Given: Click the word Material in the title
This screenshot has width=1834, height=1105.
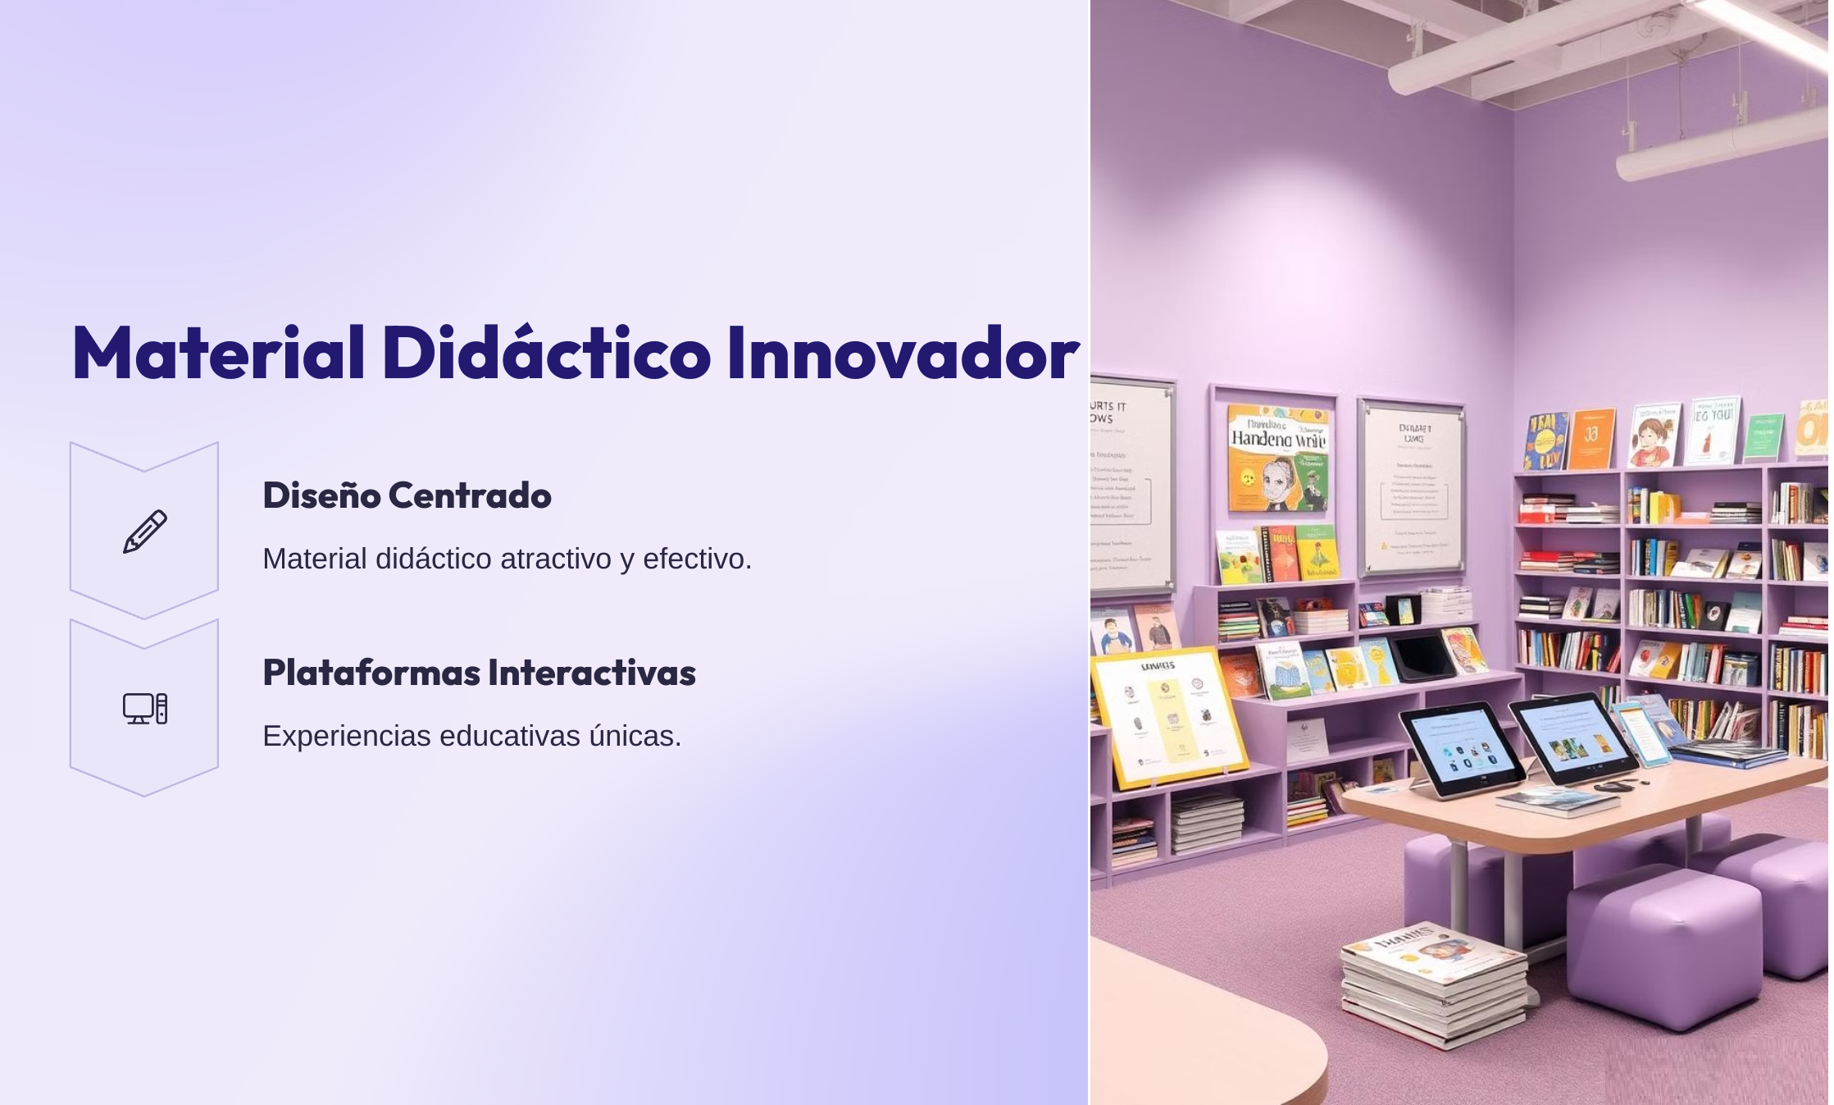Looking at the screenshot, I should (x=218, y=353).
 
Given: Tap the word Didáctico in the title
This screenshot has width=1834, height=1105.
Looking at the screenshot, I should (x=546, y=353).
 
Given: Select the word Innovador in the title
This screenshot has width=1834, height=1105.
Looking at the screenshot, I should (x=902, y=353).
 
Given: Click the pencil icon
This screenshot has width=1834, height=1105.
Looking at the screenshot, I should (x=145, y=532).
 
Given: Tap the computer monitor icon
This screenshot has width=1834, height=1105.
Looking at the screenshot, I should (x=145, y=709).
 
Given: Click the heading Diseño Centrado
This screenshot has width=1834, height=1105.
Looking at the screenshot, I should (x=407, y=495).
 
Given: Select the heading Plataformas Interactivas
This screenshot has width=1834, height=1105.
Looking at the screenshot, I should (x=479, y=673).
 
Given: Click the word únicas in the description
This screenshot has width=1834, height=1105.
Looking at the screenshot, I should (x=635, y=737).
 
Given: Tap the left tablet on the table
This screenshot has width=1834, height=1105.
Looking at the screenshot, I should (x=1461, y=749).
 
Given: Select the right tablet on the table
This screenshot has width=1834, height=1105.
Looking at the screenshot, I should (x=1572, y=737).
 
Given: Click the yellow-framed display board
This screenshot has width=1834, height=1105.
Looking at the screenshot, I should (x=1168, y=716).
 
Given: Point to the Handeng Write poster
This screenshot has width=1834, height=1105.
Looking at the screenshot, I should (x=1277, y=457).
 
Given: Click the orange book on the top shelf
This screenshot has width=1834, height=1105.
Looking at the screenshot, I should (x=1592, y=439).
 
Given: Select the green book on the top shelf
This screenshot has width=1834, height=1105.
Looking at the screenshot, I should (x=1763, y=436).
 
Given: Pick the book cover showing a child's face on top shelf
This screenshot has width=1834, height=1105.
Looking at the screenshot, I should (x=1653, y=436).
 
